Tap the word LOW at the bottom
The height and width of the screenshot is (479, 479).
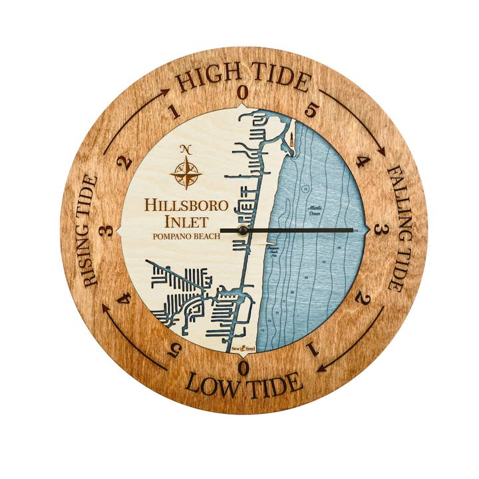point(210,384)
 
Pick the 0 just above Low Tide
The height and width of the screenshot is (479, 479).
point(243,367)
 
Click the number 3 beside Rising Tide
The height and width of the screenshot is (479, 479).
point(106,231)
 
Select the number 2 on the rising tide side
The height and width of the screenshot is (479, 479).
point(124,163)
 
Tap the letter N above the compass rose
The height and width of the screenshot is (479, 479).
point(186,148)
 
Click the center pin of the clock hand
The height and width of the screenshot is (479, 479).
point(243,230)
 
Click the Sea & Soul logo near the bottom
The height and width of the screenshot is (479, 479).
point(242,348)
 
